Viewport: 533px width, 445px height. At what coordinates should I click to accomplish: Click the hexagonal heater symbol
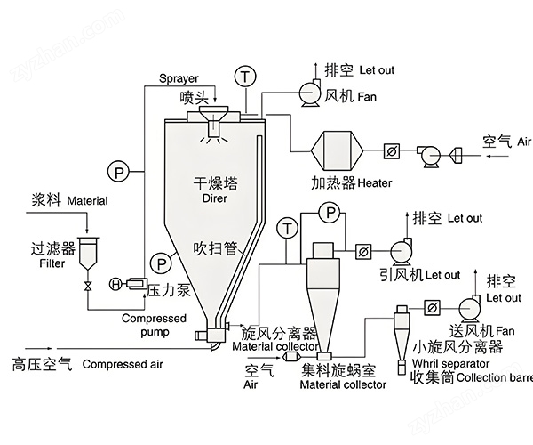coord(338,150)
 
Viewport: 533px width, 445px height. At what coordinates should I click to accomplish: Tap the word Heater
coord(375,183)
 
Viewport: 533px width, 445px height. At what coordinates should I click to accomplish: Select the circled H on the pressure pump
coord(115,284)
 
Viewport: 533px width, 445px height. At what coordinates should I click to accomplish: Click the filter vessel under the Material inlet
coord(88,253)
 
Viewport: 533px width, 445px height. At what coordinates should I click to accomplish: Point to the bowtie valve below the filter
coord(88,286)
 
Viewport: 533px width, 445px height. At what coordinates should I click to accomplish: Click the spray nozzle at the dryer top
coord(213,122)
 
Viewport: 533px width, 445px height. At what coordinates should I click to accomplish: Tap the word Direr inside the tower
coord(214,198)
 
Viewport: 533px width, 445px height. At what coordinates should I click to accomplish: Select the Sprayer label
coord(179,78)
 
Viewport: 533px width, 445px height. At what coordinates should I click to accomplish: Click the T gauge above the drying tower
coord(245,77)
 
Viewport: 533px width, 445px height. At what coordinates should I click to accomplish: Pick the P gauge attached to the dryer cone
coord(161,263)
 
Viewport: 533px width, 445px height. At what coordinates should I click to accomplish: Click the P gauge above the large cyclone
coord(330,213)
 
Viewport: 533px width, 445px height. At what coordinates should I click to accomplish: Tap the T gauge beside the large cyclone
coord(288,228)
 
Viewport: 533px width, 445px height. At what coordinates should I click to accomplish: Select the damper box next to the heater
coord(391,150)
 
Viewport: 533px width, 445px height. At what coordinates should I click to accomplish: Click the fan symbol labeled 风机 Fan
coord(310,92)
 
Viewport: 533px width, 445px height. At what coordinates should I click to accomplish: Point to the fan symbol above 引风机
coord(402,251)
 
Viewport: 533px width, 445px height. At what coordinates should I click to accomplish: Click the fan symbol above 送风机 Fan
coord(470,308)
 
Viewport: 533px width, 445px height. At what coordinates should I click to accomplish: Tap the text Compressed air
coord(123,364)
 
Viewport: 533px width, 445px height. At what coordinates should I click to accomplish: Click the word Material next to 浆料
coord(87,201)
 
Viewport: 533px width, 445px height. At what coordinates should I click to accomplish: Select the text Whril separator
coord(450,364)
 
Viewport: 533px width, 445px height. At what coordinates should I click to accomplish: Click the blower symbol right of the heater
coord(428,156)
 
